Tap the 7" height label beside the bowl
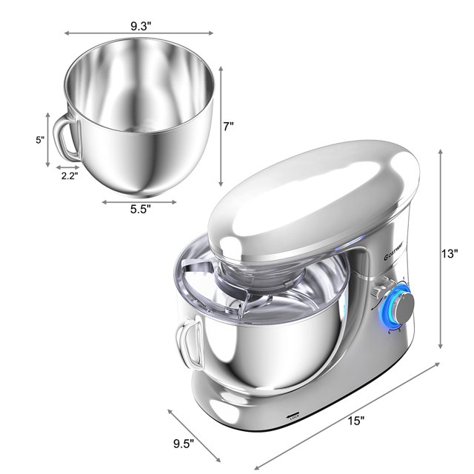[229, 126]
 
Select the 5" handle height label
[39, 139]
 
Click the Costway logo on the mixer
[387, 261]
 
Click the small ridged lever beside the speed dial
[381, 291]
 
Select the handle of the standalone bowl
[66, 138]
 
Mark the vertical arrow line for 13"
[441, 248]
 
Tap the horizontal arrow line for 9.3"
[144, 33]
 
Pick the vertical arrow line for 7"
[220, 126]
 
